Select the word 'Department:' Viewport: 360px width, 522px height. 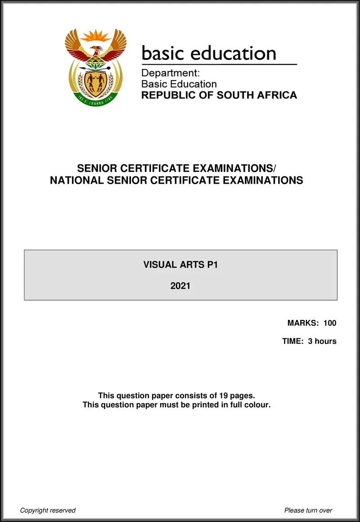click(171, 73)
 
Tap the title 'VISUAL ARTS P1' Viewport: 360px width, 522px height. click(180, 265)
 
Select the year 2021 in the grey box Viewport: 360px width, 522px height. click(180, 285)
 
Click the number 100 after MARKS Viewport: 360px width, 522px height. click(330, 323)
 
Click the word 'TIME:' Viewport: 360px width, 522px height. click(293, 341)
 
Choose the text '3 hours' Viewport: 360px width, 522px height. click(322, 341)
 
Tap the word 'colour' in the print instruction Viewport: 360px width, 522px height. click(256, 405)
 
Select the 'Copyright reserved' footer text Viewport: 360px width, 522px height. click(48, 510)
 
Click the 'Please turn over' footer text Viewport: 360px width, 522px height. click(308, 510)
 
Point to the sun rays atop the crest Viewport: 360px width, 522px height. click(95, 35)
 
